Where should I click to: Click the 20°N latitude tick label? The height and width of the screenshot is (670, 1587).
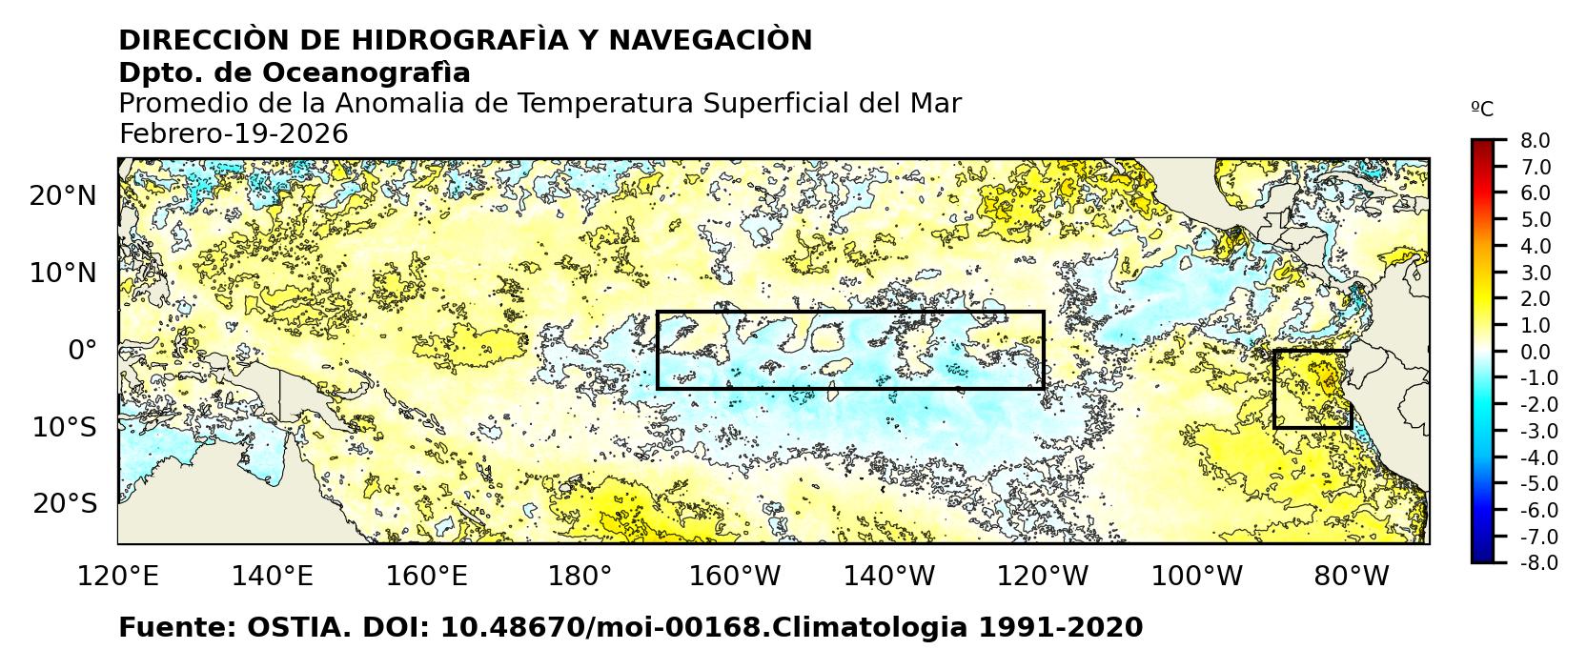click(63, 196)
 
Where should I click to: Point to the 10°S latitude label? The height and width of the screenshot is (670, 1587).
click(64, 427)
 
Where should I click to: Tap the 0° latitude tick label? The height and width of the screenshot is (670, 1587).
click(82, 350)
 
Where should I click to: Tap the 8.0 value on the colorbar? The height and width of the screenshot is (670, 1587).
click(1535, 141)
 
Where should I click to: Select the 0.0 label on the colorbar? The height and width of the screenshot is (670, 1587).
click(1535, 353)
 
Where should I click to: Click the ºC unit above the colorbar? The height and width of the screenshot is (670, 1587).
click(1482, 110)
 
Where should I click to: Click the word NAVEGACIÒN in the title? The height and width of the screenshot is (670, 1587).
click(710, 41)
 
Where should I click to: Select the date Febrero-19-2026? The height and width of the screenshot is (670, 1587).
click(234, 134)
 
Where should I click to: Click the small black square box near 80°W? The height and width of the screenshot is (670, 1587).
click(1312, 389)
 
